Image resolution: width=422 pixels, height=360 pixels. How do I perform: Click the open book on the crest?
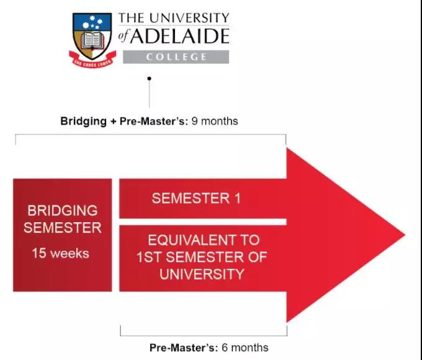tap(92, 41)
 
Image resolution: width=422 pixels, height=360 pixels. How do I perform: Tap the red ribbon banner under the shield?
tap(92, 60)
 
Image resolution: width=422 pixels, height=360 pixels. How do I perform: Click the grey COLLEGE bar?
tap(176, 57)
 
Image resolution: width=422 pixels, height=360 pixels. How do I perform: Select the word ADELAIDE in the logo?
tap(180, 36)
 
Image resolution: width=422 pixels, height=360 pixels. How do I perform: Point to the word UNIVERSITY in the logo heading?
tap(189, 18)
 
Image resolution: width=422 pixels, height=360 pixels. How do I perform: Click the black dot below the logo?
tap(150, 78)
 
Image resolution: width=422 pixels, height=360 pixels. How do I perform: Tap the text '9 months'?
tap(215, 121)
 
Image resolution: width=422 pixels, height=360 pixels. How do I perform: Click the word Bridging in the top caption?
tap(83, 121)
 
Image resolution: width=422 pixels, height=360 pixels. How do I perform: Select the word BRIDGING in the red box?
tap(63, 210)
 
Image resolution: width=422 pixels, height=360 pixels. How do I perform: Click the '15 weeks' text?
tap(61, 253)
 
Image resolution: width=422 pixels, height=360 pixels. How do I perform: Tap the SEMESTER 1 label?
tap(196, 199)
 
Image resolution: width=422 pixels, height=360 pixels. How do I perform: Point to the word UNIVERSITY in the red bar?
tap(202, 274)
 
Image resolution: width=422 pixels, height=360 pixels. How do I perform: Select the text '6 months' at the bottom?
tap(245, 348)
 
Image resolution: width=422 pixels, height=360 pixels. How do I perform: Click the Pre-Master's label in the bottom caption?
tap(184, 348)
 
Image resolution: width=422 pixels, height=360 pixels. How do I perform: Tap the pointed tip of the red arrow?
tap(405, 235)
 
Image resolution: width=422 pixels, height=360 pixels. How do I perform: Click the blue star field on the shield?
tap(92, 22)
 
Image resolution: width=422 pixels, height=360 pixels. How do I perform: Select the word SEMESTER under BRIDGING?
tap(63, 228)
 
